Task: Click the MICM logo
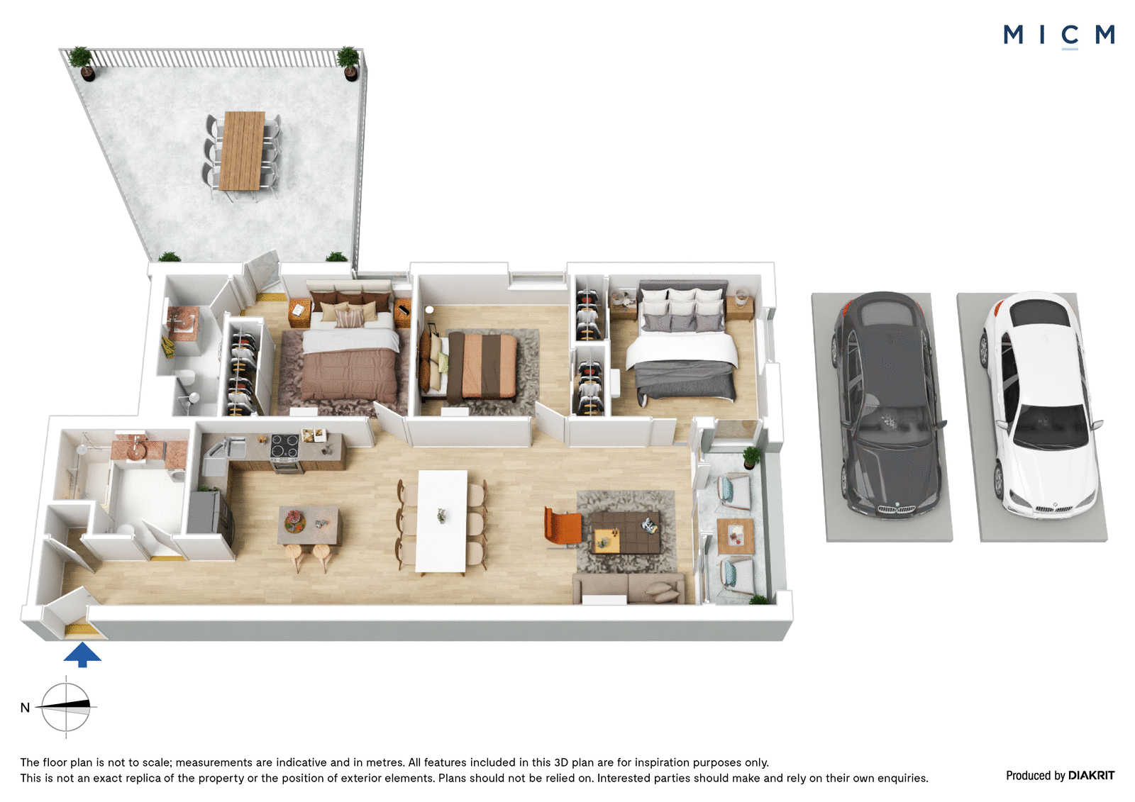point(1058,35)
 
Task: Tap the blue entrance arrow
point(82,655)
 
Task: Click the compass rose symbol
point(66,707)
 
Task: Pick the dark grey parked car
point(887,406)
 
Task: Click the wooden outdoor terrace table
point(242,150)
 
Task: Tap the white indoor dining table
point(441,522)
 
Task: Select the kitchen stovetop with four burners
point(284,446)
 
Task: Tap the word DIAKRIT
point(1092,776)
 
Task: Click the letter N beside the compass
point(25,708)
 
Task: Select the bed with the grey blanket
point(682,345)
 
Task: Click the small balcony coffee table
point(736,536)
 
